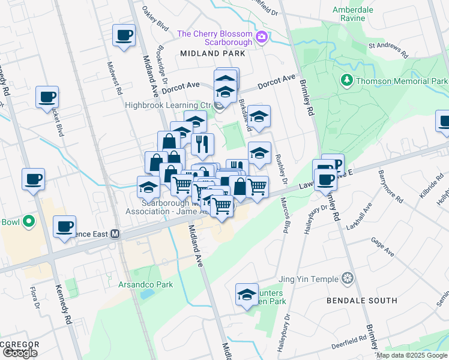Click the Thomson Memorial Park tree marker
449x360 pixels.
click(x=346, y=80)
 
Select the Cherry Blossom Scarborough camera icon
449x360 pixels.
click(x=262, y=38)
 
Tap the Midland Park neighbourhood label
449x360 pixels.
click(x=212, y=53)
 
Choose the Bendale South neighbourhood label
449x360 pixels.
click(x=361, y=300)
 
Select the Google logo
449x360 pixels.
click(x=20, y=352)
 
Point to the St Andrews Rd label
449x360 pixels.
click(x=388, y=49)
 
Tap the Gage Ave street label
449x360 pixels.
click(x=382, y=247)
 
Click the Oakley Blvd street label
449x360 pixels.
click(x=154, y=18)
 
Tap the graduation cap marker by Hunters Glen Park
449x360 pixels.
click(x=247, y=294)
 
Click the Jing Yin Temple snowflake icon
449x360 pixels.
click(x=347, y=278)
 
